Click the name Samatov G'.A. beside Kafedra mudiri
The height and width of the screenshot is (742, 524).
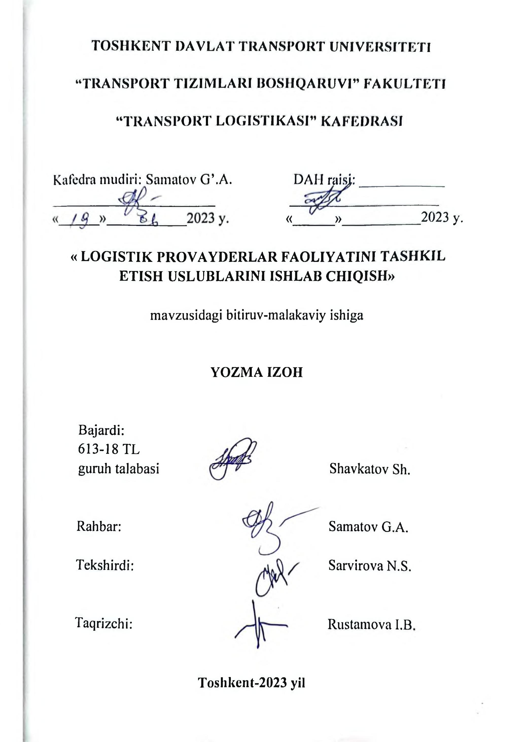(189, 179)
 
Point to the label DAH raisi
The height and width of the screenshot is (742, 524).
(324, 179)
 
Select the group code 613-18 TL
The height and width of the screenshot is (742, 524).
(109, 449)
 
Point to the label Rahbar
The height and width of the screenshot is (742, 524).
(98, 527)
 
